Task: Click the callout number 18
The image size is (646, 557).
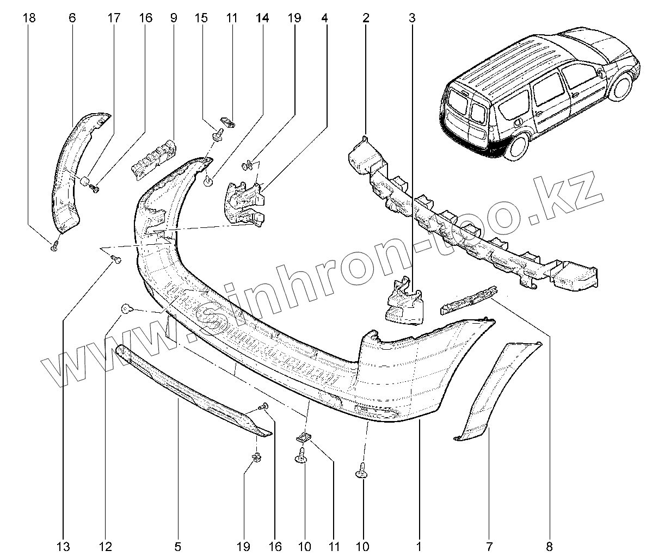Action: [29, 18]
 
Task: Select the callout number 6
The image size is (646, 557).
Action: [72, 18]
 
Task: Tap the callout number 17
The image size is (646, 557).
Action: [114, 18]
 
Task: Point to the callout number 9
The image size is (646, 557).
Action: [174, 18]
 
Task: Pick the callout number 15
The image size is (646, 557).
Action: [201, 18]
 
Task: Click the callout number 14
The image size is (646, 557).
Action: [262, 18]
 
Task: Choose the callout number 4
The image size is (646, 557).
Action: [324, 18]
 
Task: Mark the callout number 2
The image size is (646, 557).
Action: [366, 18]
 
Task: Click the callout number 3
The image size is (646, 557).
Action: [412, 18]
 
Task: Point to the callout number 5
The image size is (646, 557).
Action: [178, 546]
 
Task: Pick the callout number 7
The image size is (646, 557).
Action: [488, 546]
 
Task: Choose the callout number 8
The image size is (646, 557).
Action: [549, 546]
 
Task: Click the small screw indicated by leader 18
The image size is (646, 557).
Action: [54, 247]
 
